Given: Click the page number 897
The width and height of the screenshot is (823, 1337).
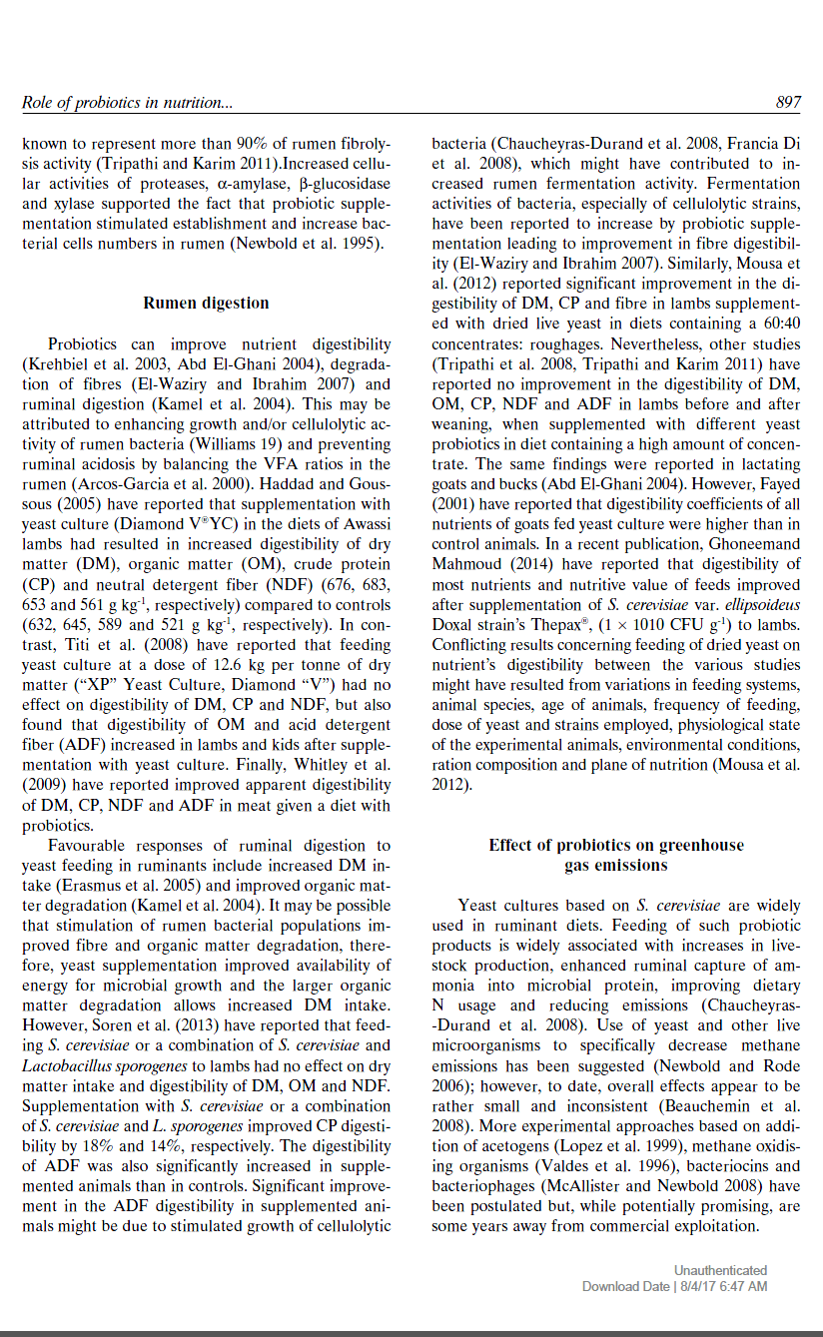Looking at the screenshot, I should coord(787,102).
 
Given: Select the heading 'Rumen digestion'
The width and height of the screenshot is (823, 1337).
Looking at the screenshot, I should coord(206,303).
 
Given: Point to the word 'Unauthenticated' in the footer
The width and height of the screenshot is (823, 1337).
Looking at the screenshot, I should coord(720,1270).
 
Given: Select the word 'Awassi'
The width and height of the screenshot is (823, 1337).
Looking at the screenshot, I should coord(366,524).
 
